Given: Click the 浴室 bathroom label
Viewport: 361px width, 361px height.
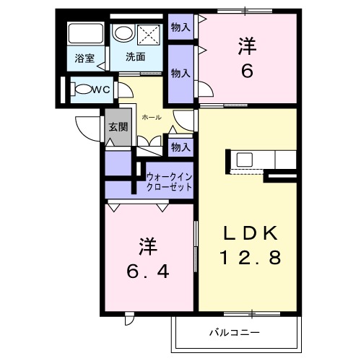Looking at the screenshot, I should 84,58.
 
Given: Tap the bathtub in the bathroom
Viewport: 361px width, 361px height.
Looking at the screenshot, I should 84,34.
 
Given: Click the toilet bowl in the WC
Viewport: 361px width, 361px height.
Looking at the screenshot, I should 84,90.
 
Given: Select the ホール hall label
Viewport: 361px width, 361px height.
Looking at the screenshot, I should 152,117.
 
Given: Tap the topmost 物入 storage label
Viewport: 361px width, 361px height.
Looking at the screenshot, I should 180,27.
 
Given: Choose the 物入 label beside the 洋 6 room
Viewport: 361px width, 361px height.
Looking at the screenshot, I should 180,73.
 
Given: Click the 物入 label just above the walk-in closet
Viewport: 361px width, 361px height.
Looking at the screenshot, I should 180,147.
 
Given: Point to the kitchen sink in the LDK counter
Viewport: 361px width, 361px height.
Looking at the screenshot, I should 241,158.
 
